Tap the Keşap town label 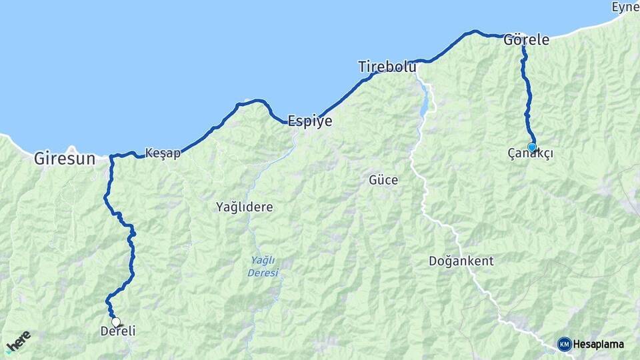tap(163, 153)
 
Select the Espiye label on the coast tap(309, 121)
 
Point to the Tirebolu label tap(387, 67)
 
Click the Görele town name tap(527, 40)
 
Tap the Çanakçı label tap(531, 154)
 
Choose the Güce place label tap(383, 180)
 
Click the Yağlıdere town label tap(245, 207)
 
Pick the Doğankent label tap(461, 261)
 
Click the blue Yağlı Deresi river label tap(263, 267)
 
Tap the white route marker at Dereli tap(116, 322)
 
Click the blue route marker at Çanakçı tap(531, 147)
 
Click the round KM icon tap(565, 344)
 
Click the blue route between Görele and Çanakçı tap(527, 93)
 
